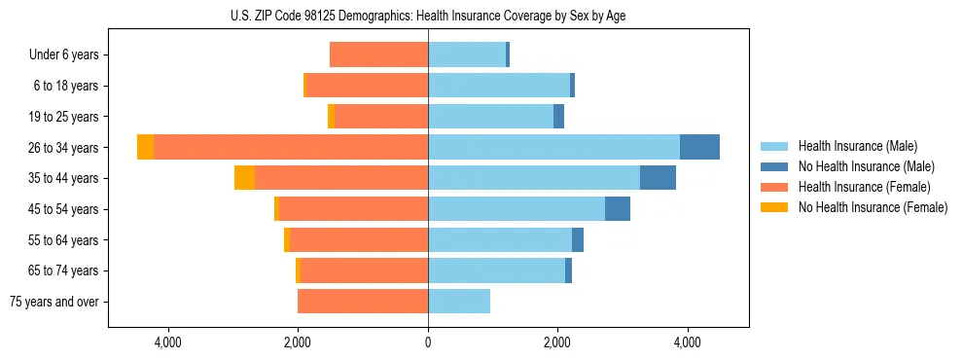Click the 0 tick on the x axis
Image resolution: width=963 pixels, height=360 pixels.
pos(428,342)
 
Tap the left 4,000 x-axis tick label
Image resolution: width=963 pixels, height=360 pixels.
pos(168,342)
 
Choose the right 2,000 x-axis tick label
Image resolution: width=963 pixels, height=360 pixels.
pos(557,342)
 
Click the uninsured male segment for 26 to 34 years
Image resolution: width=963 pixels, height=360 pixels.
pos(699,147)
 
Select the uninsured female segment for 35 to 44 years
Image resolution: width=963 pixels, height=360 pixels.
pos(244,178)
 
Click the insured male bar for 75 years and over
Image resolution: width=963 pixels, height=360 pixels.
pos(459,302)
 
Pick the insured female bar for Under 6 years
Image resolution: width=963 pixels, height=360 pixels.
pos(379,55)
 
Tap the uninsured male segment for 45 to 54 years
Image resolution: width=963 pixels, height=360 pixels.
pos(618,209)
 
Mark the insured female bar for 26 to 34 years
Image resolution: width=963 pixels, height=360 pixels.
pos(292,147)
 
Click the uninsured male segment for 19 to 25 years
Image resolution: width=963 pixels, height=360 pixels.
pos(558,117)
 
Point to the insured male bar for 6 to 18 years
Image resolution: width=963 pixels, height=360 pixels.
pos(499,86)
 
